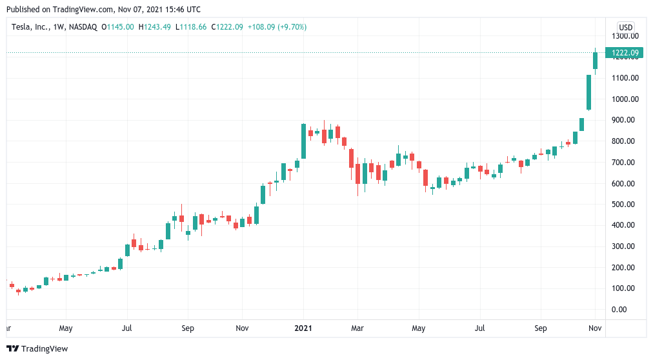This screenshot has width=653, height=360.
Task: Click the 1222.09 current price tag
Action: (x=624, y=53)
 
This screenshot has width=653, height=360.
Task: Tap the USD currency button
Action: (x=625, y=28)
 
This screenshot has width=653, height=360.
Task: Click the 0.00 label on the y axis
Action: (x=619, y=310)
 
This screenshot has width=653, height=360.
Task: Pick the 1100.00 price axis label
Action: (x=625, y=78)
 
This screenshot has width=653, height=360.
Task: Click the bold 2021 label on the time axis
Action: (x=303, y=328)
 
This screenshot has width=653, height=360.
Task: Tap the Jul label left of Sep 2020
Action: (x=126, y=328)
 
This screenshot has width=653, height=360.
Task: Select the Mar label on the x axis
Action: (x=357, y=328)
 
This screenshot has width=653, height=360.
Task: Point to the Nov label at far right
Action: (x=595, y=328)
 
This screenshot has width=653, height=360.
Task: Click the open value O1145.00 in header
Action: (x=118, y=27)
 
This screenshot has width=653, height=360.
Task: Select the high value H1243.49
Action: (x=154, y=27)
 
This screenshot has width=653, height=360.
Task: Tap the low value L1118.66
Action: (x=191, y=27)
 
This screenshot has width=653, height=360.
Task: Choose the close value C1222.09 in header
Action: (x=227, y=27)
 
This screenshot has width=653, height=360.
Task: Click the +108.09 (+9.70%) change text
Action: (x=277, y=27)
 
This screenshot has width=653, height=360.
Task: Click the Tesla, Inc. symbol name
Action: (x=29, y=27)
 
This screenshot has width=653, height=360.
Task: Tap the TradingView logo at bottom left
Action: (x=37, y=349)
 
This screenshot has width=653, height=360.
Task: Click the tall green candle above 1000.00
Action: (x=589, y=92)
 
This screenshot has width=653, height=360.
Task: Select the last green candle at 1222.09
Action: (x=596, y=61)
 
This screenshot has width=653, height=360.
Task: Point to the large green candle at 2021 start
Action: (x=304, y=141)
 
